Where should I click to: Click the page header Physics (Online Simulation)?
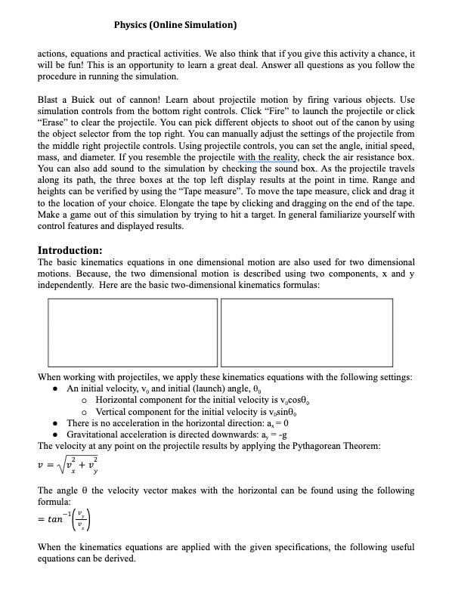175,25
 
